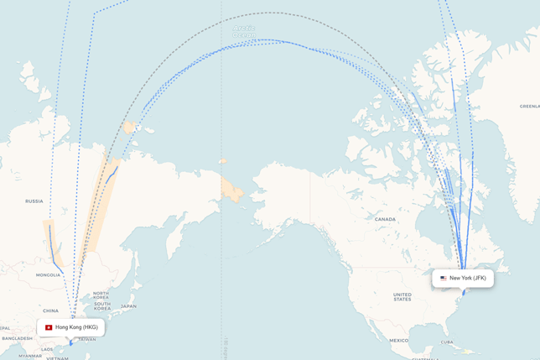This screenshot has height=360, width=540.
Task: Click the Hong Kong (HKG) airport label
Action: coord(75,327)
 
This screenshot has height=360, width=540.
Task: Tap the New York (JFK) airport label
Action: coord(467,278)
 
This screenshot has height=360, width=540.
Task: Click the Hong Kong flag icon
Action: coord(49,327)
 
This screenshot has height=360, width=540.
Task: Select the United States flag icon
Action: coord(444,278)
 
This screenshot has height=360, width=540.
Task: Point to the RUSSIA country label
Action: coord(34,201)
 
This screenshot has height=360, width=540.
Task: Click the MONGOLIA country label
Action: coord(48,275)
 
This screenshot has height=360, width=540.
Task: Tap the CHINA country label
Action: coord(51,310)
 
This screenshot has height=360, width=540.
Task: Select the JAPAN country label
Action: coord(128,306)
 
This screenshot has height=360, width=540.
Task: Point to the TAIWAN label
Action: coord(86,339)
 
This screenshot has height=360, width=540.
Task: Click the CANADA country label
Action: coord(385,219)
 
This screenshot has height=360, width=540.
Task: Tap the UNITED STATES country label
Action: coord(402,295)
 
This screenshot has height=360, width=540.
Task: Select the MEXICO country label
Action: coord(398,341)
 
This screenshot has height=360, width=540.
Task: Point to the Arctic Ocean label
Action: coord(244,30)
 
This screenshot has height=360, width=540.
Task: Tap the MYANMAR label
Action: coord(30,356)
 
